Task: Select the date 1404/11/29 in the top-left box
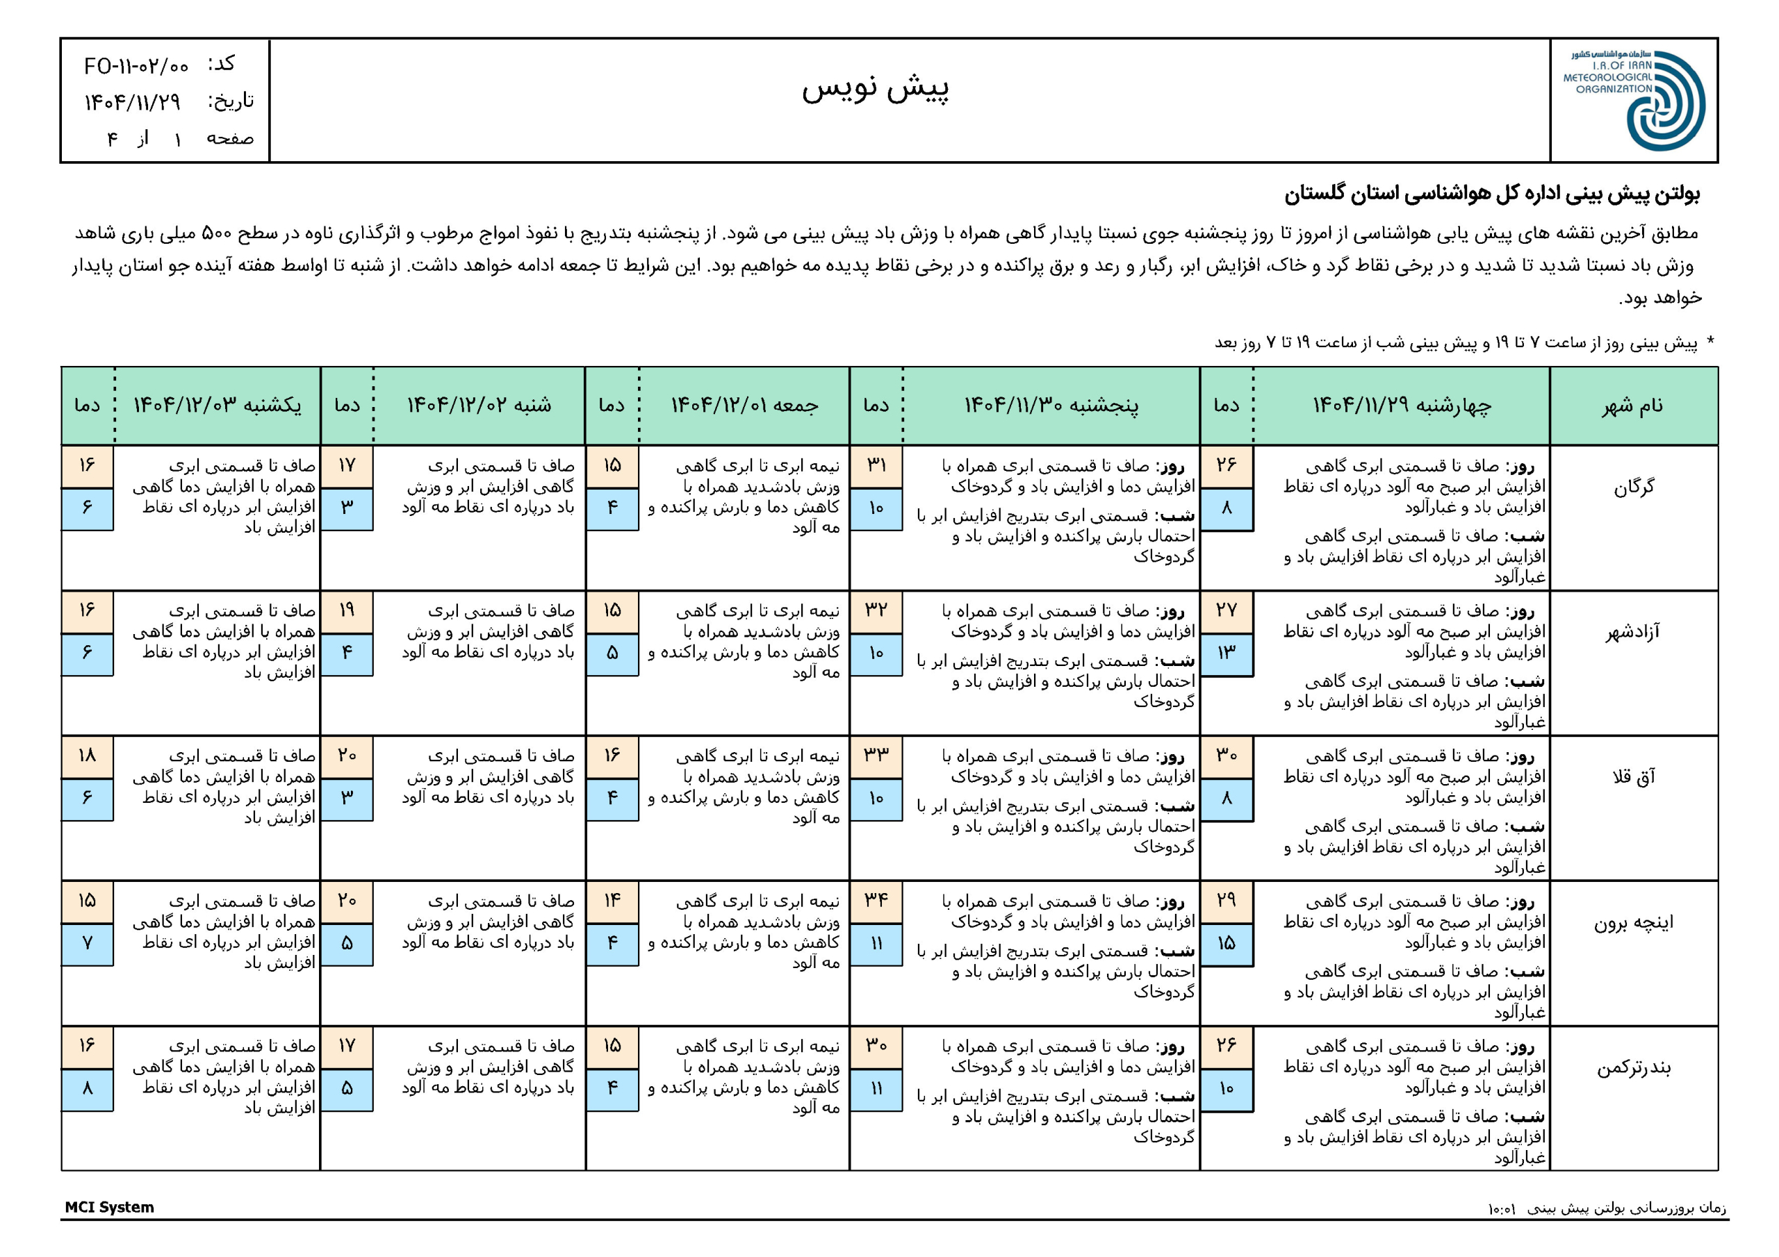click(133, 101)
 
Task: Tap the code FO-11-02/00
click(136, 66)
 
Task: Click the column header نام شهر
click(1632, 406)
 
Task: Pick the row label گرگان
click(1633, 487)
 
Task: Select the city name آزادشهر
click(1632, 632)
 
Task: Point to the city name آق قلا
click(1633, 777)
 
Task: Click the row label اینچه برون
click(1632, 922)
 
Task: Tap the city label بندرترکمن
click(1632, 1068)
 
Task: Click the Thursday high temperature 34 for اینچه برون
click(876, 900)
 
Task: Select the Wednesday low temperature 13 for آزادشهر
click(1226, 653)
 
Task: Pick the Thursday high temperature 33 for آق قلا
click(876, 755)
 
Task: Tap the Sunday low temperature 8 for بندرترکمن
click(87, 1088)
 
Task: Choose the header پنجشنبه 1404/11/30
click(1051, 406)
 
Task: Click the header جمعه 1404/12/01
click(744, 406)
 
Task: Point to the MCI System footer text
click(109, 1207)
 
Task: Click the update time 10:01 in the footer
click(1501, 1209)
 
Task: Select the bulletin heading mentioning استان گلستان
click(1491, 194)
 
